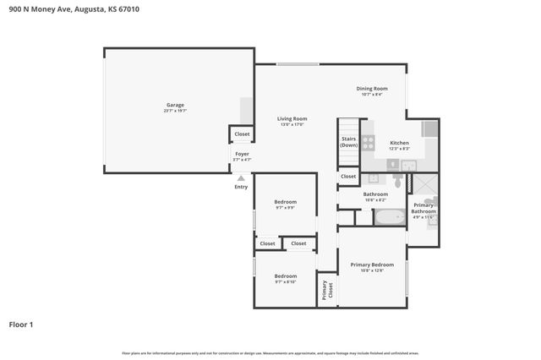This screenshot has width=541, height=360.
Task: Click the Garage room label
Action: click(x=175, y=105)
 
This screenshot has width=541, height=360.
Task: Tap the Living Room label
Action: click(x=292, y=119)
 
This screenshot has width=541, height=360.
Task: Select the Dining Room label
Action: click(x=372, y=89)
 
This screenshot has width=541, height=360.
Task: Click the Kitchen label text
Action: click(x=399, y=143)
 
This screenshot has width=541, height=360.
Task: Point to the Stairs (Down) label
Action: click(x=348, y=142)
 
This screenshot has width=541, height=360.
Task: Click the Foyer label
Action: click(x=242, y=154)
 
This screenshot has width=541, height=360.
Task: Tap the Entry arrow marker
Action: click(x=241, y=178)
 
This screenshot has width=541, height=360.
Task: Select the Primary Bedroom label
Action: click(x=372, y=265)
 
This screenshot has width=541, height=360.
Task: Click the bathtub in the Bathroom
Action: click(x=391, y=217)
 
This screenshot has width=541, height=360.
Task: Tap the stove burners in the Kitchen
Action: click(x=368, y=142)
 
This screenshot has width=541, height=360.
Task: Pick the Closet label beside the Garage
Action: click(x=242, y=134)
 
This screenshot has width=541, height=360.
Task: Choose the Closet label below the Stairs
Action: click(x=348, y=176)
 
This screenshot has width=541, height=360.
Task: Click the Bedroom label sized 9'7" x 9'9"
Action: click(x=285, y=202)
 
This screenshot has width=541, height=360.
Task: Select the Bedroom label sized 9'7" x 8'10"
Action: click(x=285, y=276)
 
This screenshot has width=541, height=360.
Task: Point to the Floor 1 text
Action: click(x=22, y=324)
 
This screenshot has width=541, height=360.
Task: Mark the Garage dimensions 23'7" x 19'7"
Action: click(x=175, y=111)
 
